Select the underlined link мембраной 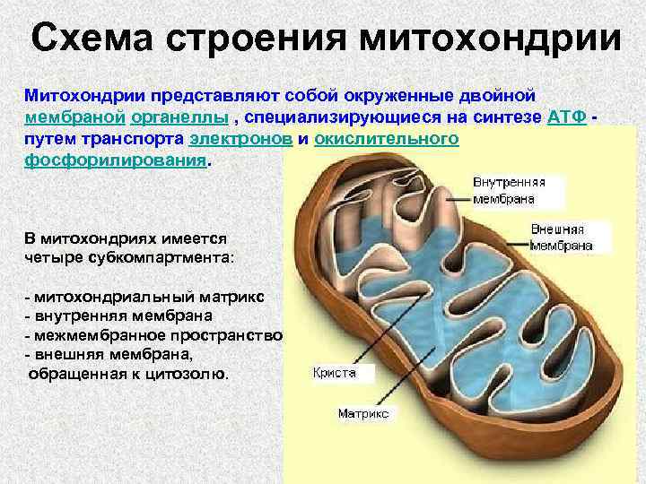[x=74, y=117]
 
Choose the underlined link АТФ [x=566, y=117]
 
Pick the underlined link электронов [x=240, y=141]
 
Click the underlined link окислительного [x=387, y=141]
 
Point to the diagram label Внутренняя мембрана [x=509, y=189]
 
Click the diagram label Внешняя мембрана [x=562, y=237]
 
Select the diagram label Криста [x=335, y=372]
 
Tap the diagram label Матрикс [x=362, y=414]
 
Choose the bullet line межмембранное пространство [x=153, y=335]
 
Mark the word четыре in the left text [x=53, y=257]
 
